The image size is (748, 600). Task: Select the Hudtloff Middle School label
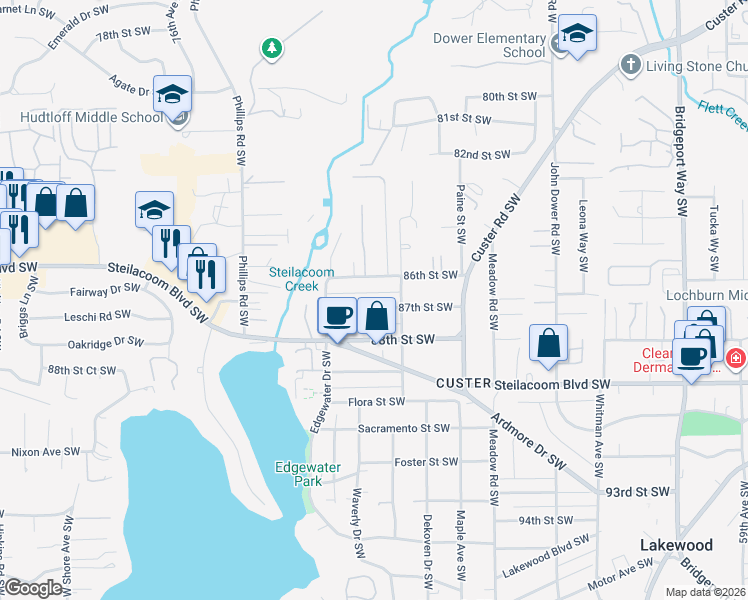(x=91, y=117)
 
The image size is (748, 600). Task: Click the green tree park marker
(x=270, y=47)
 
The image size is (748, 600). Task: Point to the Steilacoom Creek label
(x=294, y=278)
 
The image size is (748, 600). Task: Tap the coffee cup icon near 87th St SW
(x=337, y=317)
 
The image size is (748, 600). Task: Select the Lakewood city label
(x=676, y=545)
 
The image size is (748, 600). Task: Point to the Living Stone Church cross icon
(x=630, y=64)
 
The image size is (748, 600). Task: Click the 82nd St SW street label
(x=482, y=155)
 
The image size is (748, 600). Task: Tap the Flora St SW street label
(x=376, y=402)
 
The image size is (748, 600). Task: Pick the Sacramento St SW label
(x=405, y=428)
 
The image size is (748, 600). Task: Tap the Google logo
(x=33, y=588)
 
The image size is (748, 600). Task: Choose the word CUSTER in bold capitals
(x=462, y=384)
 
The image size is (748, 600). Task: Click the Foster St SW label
(x=426, y=462)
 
